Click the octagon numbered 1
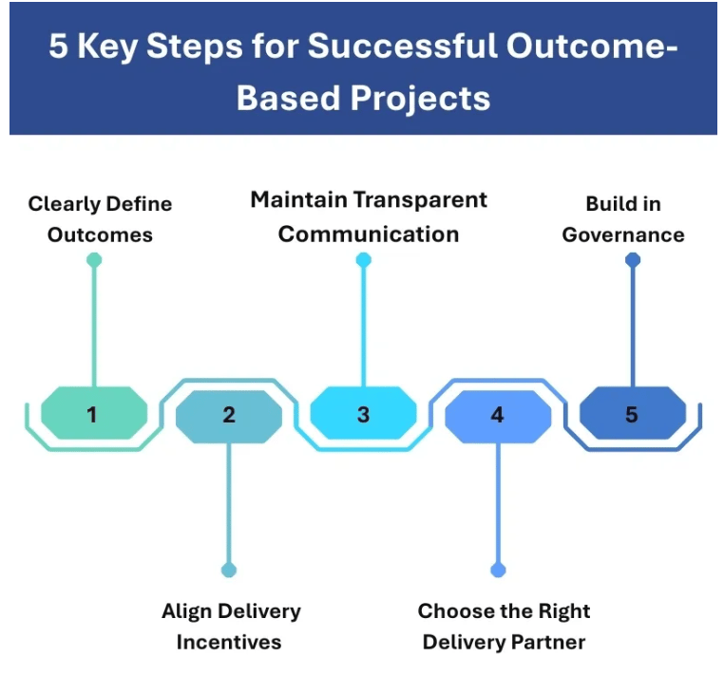pyautogui.click(x=93, y=414)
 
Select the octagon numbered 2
pyautogui.click(x=228, y=415)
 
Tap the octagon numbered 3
pyautogui.click(x=363, y=415)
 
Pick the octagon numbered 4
pyautogui.click(x=497, y=415)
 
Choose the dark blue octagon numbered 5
pyautogui.click(x=632, y=415)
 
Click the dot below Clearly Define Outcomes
pyautogui.click(x=93, y=259)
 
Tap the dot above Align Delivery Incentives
pyautogui.click(x=228, y=570)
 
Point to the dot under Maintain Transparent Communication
pyautogui.click(x=363, y=259)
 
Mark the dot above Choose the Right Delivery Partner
pyautogui.click(x=498, y=570)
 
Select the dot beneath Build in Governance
pyautogui.click(x=633, y=259)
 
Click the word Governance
pyautogui.click(x=622, y=234)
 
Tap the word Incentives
pyautogui.click(x=229, y=642)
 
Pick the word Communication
pyautogui.click(x=369, y=234)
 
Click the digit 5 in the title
pyautogui.click(x=59, y=48)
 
